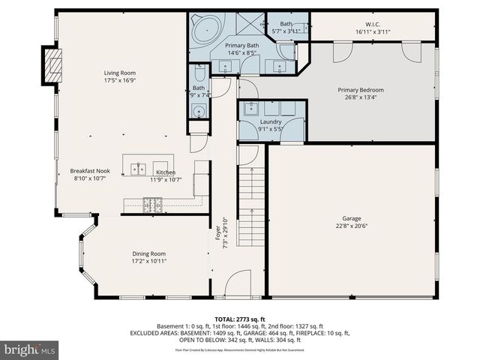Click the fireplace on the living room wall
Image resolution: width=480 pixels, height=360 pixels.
click(52, 67)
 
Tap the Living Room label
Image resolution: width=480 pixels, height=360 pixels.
click(119, 73)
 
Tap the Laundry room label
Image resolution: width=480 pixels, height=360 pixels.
click(271, 121)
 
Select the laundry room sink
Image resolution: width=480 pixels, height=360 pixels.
click(250, 108)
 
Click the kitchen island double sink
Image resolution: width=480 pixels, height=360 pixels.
click(138, 169)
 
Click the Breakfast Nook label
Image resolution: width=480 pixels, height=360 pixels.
click(91, 170)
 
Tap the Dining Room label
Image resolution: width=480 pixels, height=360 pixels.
click(148, 253)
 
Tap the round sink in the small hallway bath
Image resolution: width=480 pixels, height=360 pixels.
click(199, 112)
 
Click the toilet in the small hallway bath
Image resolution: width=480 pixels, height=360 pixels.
click(199, 73)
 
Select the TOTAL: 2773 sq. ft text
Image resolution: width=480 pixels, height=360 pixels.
click(240, 319)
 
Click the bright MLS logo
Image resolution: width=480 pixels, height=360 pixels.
click(30, 349)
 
